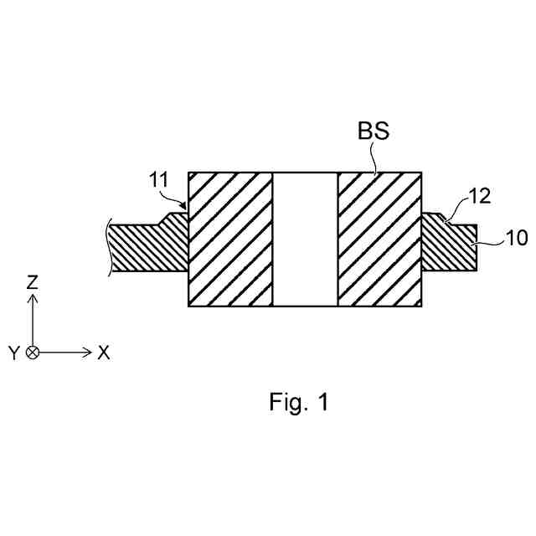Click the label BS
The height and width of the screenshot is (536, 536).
[374, 131]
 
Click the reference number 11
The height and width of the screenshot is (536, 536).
[159, 178]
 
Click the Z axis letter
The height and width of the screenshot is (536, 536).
[32, 282]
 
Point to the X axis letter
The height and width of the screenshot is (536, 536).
[104, 353]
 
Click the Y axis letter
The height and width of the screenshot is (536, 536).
[13, 353]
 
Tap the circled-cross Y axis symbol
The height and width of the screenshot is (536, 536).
[32, 353]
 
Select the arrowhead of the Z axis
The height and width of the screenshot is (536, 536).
[32, 299]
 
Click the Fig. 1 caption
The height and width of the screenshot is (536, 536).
[299, 402]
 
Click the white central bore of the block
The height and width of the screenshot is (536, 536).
[305, 240]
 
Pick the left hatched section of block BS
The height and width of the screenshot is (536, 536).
[231, 240]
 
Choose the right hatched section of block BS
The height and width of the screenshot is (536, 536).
[379, 240]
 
